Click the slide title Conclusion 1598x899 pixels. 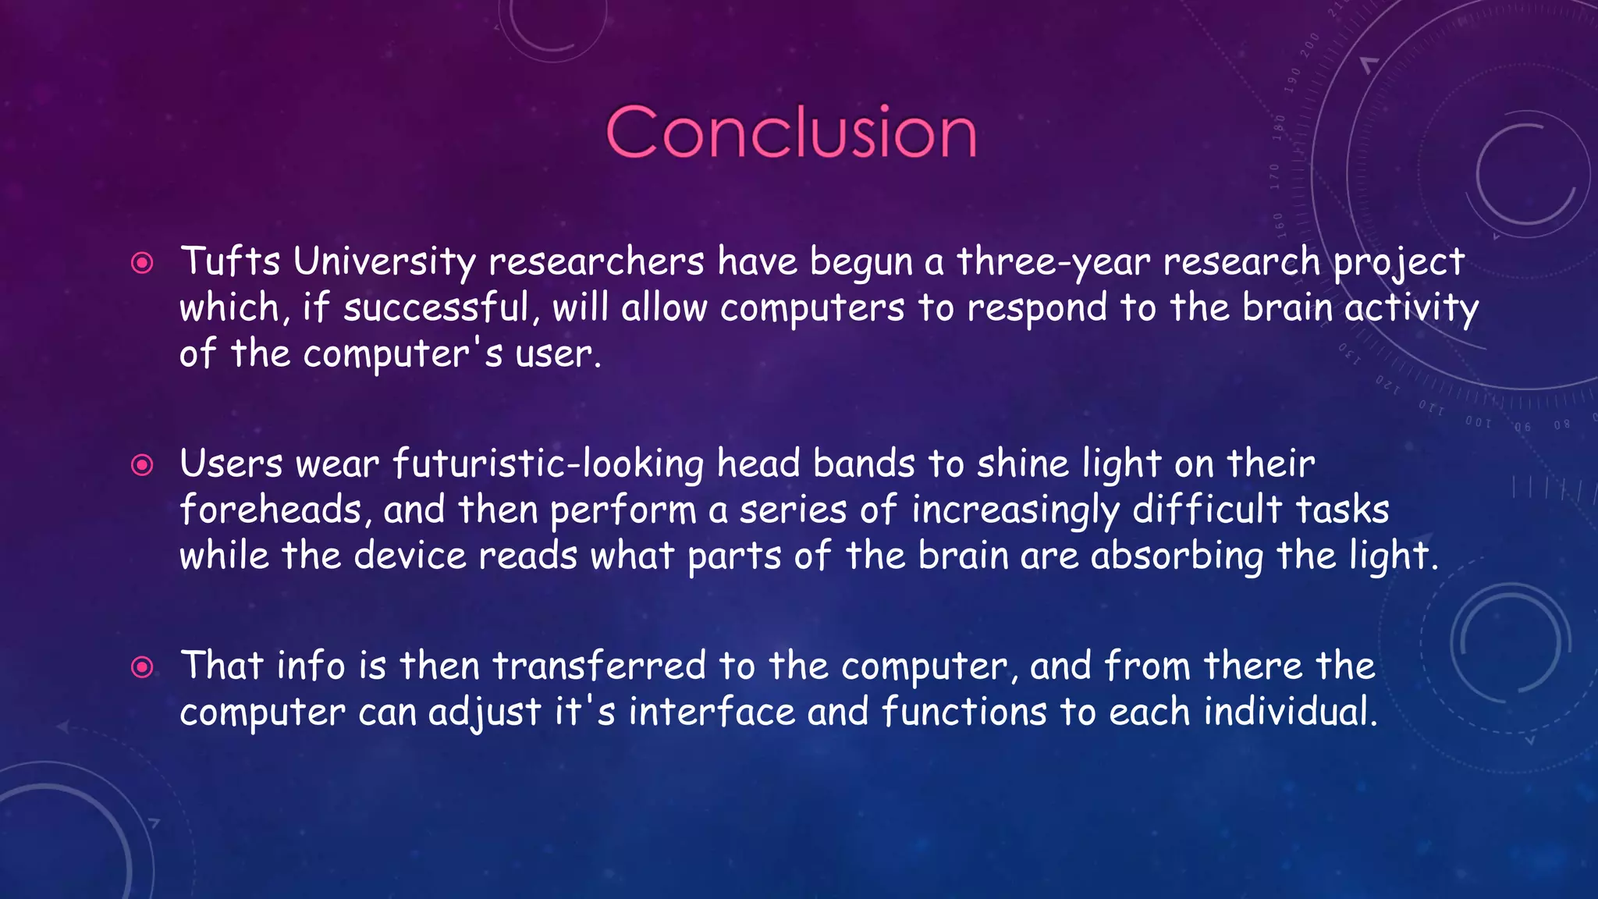click(790, 133)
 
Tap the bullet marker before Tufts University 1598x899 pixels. click(142, 263)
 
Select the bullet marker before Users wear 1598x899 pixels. click(142, 466)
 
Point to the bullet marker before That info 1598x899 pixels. click(142, 667)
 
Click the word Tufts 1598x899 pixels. click(230, 261)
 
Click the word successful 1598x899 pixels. click(437, 307)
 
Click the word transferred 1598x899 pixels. click(599, 666)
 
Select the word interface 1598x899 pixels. click(712, 712)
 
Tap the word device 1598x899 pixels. click(410, 556)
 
